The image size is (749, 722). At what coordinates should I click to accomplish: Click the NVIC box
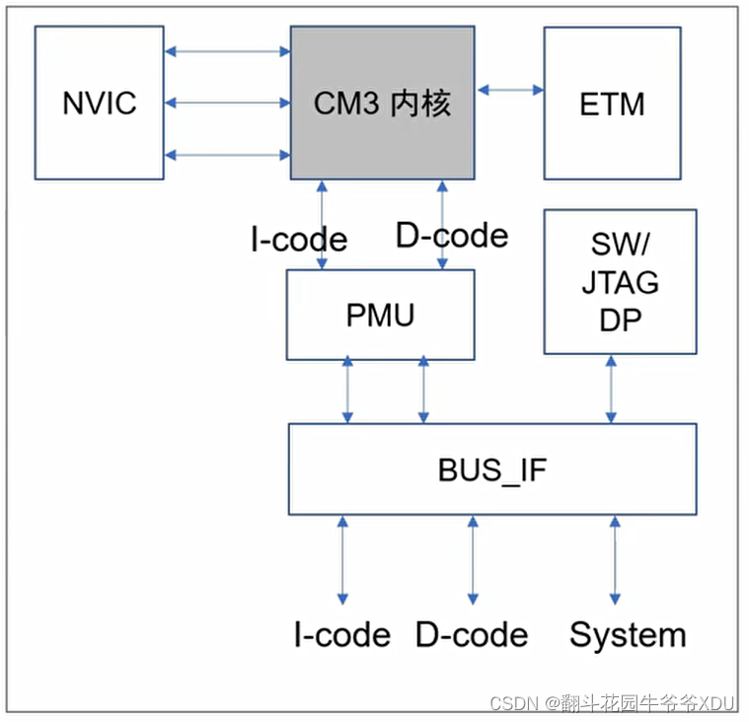point(99,103)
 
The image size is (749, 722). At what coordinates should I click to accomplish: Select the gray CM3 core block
point(382,103)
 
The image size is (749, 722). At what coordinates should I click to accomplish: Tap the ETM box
point(612,103)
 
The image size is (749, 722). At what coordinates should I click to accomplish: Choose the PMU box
point(380,315)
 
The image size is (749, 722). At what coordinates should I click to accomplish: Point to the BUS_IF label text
point(491,469)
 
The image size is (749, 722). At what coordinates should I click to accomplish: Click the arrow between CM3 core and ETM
point(510,90)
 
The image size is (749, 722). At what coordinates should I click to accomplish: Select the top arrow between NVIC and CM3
point(227,50)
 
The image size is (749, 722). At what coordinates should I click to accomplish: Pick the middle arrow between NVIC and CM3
point(227,102)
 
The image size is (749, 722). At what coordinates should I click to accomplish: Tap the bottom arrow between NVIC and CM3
point(227,154)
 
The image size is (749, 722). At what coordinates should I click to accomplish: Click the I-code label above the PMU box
point(299,239)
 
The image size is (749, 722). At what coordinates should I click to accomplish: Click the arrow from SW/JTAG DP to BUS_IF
point(612,389)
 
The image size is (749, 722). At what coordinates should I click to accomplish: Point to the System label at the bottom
point(628,635)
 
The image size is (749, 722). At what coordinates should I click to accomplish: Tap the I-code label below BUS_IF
point(341,635)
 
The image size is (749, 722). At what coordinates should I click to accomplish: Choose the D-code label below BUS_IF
point(472,635)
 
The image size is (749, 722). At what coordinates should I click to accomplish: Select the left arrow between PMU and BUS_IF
point(347,392)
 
